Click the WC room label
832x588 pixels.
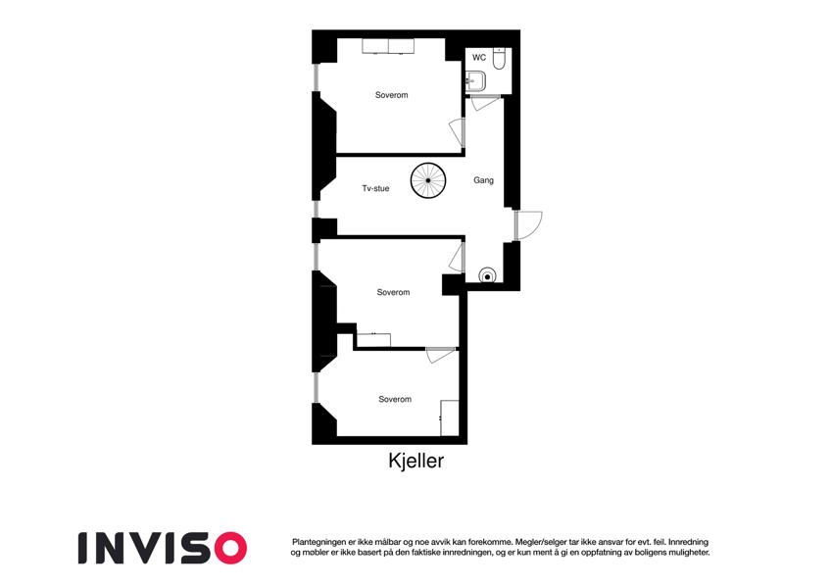[x=478, y=57]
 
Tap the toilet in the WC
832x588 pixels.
[x=499, y=59]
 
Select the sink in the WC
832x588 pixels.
[x=475, y=81]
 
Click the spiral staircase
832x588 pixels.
[x=427, y=180]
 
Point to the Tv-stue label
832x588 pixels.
[x=375, y=188]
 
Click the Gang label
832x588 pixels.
[x=483, y=180]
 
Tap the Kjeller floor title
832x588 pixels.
[x=416, y=461]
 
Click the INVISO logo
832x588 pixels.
[x=163, y=548]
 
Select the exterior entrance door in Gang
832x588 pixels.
[x=528, y=225]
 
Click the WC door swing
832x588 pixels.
[x=485, y=103]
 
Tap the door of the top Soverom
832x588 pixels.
[x=458, y=132]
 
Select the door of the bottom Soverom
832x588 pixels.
[x=440, y=355]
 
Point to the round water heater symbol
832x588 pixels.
[x=487, y=276]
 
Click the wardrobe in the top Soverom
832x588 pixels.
[x=388, y=46]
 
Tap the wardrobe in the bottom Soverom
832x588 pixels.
[x=450, y=418]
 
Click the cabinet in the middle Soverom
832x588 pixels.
[x=373, y=340]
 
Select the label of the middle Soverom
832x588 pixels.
[x=393, y=292]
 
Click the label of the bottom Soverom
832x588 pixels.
[x=395, y=399]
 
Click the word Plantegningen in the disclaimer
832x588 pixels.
[x=318, y=542]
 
